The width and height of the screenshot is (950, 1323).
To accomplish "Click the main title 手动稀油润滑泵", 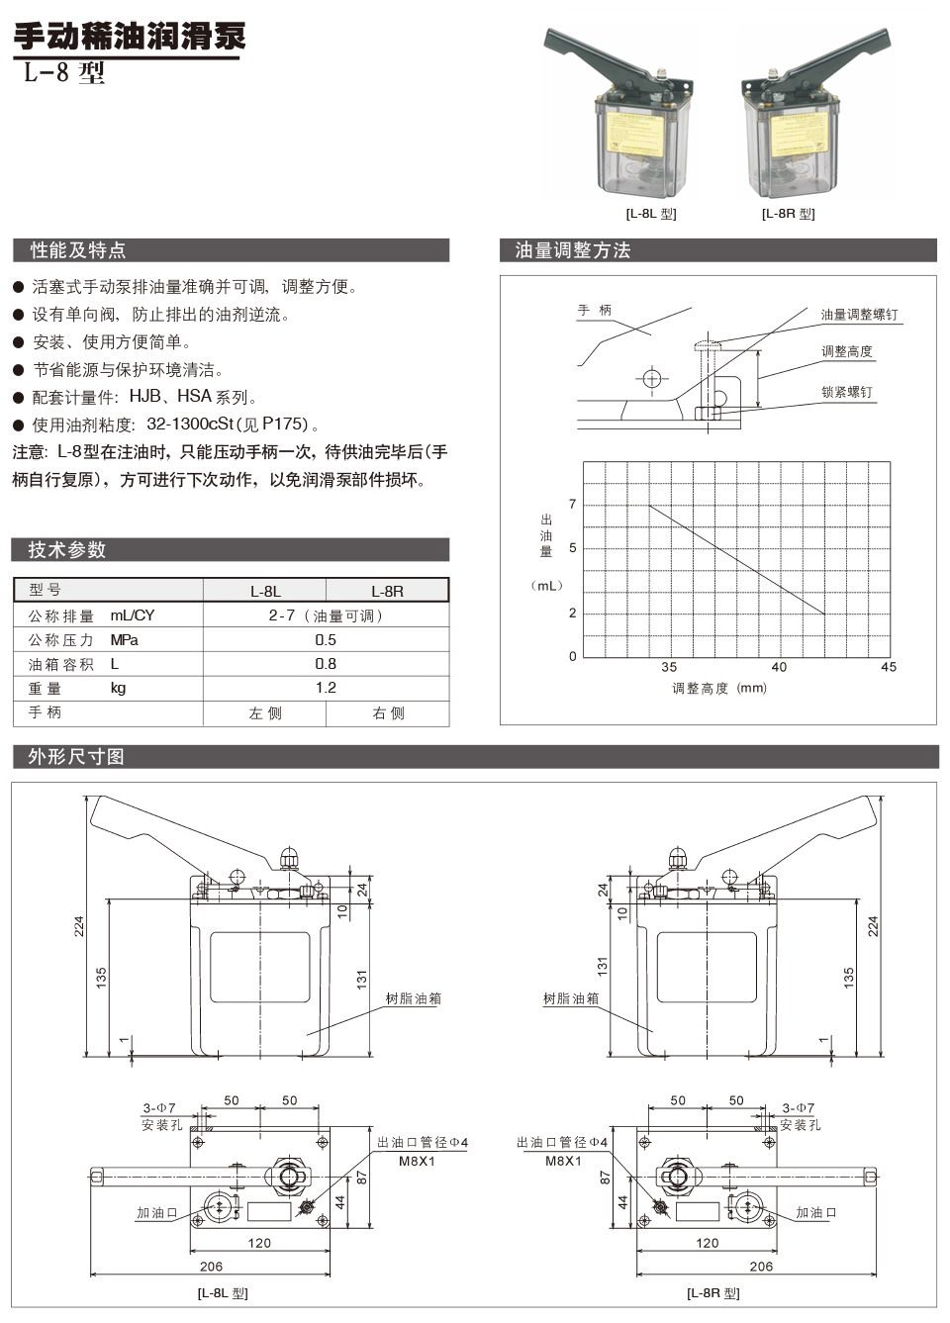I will click(x=129, y=37).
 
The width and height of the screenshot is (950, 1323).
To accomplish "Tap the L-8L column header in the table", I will click(x=265, y=591).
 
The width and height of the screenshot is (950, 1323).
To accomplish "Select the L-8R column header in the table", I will click(x=387, y=591).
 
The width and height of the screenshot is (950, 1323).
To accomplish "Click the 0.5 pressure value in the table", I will click(x=326, y=640).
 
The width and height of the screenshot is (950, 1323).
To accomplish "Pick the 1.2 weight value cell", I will click(x=326, y=688).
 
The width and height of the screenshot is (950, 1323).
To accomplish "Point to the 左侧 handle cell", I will click(x=265, y=712).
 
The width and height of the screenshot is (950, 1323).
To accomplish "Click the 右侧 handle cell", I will click(x=388, y=712).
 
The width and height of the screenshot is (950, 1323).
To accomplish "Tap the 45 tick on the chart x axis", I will click(x=888, y=667).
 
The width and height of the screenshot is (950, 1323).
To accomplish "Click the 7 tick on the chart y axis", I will click(x=572, y=505).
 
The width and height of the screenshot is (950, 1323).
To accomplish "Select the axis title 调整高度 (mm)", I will click(x=718, y=688).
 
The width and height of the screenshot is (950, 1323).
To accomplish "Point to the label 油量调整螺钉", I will click(x=859, y=315).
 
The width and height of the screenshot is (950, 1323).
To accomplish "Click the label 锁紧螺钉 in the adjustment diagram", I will click(x=847, y=392).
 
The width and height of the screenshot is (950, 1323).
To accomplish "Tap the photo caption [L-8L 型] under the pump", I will click(x=650, y=214).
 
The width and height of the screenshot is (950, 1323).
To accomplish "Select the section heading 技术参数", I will click(x=67, y=550).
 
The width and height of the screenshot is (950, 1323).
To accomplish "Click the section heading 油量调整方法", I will click(x=572, y=250).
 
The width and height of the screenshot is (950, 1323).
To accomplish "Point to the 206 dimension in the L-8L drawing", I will click(x=211, y=1266).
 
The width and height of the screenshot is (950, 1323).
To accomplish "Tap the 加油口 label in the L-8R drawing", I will click(x=816, y=1212).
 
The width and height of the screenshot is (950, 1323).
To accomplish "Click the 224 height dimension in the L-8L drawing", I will click(x=80, y=926).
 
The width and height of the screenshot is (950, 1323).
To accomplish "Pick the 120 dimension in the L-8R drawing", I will click(x=707, y=1243).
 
